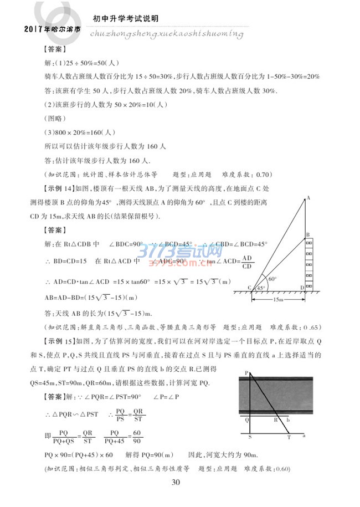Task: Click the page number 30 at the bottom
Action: (x=176, y=483)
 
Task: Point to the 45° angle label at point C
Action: (x=260, y=288)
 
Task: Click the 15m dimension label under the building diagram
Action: (x=279, y=299)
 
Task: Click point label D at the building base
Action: (x=301, y=287)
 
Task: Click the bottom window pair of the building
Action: (x=308, y=282)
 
